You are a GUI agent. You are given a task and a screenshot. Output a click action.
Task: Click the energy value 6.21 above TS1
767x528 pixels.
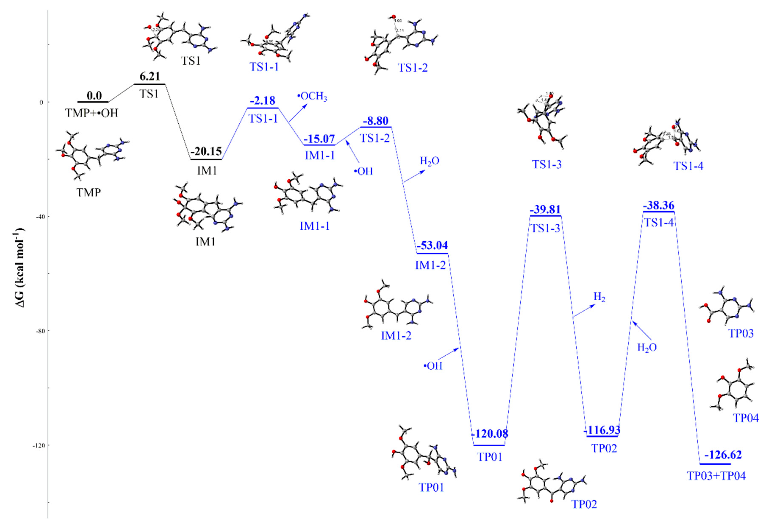pyautogui.click(x=149, y=76)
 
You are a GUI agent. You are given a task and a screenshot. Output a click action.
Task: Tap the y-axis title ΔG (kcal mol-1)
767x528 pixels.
pyautogui.click(x=21, y=268)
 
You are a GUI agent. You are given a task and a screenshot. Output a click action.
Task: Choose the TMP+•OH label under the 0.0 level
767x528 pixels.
pyautogui.click(x=92, y=113)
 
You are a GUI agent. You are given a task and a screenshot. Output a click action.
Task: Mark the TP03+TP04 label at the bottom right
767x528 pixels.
pyautogui.click(x=716, y=476)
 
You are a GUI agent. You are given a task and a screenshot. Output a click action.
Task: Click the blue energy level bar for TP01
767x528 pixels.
pyautogui.click(x=489, y=445)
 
